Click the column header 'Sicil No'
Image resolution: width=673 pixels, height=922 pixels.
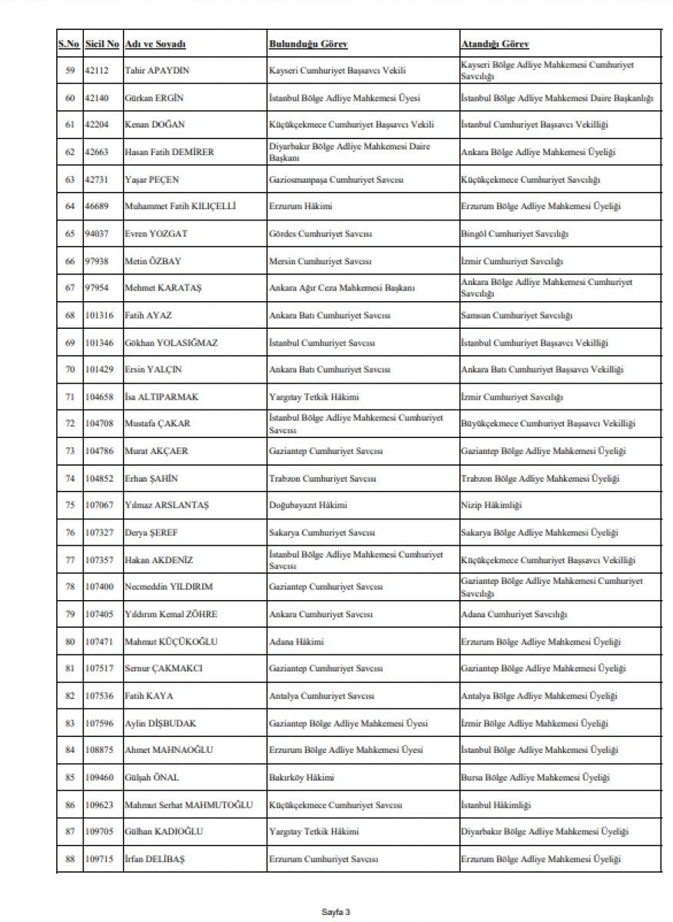click(101, 44)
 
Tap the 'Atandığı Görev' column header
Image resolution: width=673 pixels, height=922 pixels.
click(495, 44)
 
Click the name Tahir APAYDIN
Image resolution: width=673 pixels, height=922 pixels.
click(157, 71)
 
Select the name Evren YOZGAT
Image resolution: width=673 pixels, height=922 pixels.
click(157, 234)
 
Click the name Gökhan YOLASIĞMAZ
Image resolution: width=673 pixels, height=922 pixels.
click(171, 343)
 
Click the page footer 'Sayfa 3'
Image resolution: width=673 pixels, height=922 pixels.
click(336, 911)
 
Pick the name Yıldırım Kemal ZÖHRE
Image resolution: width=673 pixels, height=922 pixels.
click(171, 615)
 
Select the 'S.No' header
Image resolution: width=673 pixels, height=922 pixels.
click(69, 44)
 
